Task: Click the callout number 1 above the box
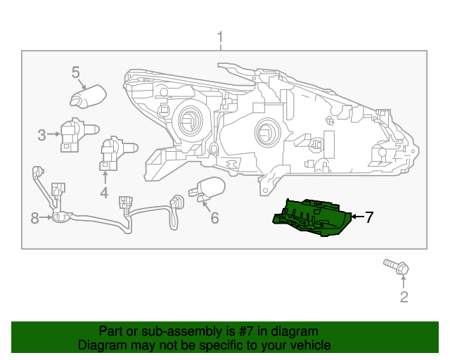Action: [220, 37]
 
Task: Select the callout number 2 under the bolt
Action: [404, 297]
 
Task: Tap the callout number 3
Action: [41, 135]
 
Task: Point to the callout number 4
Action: [104, 193]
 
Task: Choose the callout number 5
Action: [76, 72]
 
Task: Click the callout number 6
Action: [214, 219]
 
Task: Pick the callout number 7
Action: [368, 217]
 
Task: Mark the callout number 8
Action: [34, 219]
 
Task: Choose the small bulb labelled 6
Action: [207, 189]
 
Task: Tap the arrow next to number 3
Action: [53, 135]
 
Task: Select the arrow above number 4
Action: [104, 177]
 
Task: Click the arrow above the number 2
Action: [404, 281]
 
